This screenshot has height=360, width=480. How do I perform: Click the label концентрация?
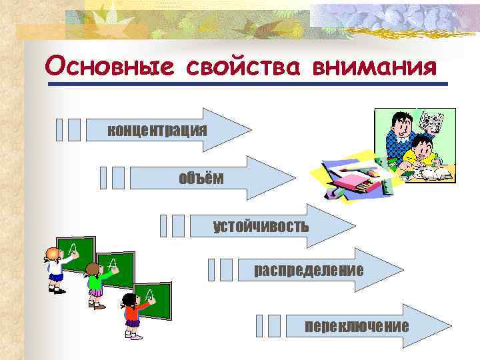click(157, 129)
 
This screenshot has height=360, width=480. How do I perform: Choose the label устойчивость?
click(261, 226)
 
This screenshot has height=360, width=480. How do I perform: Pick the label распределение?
click(309, 271)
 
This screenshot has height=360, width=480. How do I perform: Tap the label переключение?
click(357, 326)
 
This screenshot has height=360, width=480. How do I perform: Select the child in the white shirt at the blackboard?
click(54, 270)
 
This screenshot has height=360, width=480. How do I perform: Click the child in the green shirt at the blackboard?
click(94, 287)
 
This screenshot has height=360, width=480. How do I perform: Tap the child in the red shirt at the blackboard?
click(131, 317)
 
